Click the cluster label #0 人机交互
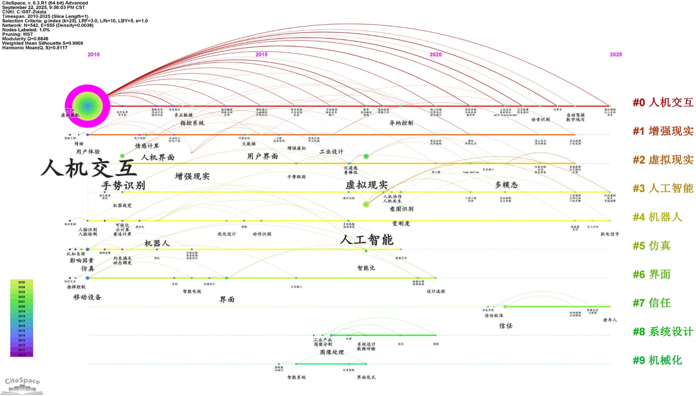[x=663, y=103]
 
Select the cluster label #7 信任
[x=652, y=303]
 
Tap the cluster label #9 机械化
[x=657, y=360]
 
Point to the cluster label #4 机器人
[x=657, y=217]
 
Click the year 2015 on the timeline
[x=261, y=54]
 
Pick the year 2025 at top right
[x=616, y=54]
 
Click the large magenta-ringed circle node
[x=87, y=106]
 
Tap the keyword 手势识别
[x=123, y=186]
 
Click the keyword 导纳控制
[x=401, y=123]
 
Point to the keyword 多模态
[x=506, y=185]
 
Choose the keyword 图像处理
[x=332, y=352]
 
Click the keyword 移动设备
[x=87, y=297]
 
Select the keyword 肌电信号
[x=609, y=234]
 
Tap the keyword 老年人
[x=610, y=320]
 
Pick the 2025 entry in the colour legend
[x=22, y=282]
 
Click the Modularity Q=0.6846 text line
[x=25, y=39]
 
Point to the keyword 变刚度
[x=401, y=224]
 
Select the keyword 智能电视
[x=192, y=292]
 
